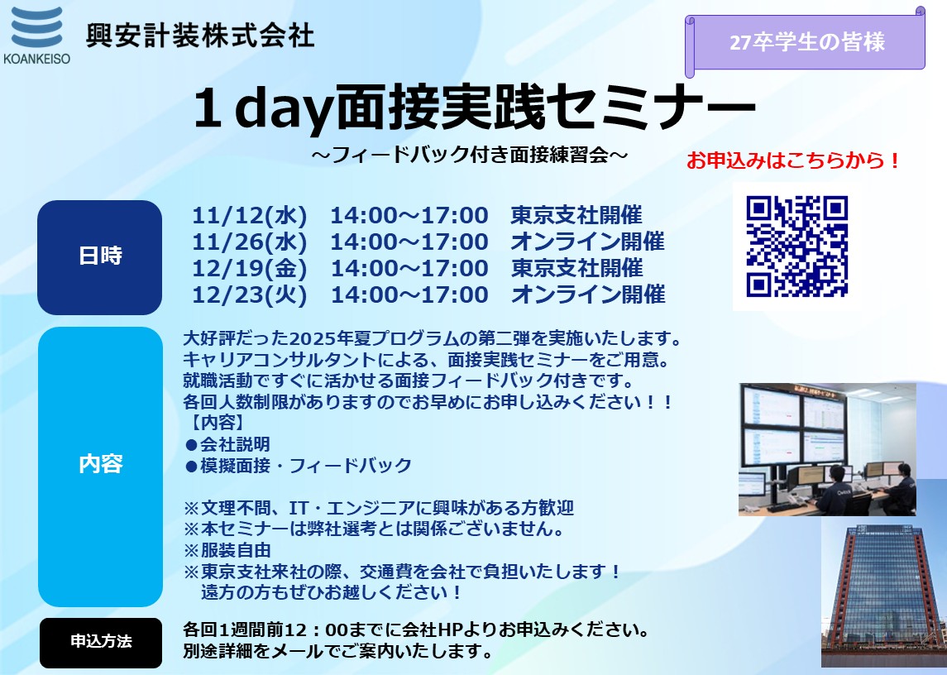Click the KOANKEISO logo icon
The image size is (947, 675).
37,28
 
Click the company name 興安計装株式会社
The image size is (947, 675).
200,35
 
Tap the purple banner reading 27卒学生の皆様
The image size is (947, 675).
806,42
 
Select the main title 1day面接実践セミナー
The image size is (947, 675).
475,108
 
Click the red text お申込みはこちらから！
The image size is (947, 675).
794,160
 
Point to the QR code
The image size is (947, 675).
796,247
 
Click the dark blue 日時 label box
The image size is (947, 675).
99,257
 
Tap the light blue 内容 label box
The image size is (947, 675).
100,467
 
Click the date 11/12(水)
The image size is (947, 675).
250,216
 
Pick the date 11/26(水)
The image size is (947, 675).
250,242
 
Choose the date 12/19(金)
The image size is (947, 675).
250,269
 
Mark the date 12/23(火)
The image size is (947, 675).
250,295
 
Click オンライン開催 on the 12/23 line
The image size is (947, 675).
588,294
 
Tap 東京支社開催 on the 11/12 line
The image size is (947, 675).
576,215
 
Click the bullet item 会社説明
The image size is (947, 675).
227,445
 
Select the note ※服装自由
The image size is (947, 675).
227,551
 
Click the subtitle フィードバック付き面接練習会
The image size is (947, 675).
471,156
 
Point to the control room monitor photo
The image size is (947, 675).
827,449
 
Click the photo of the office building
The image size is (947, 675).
883,595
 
